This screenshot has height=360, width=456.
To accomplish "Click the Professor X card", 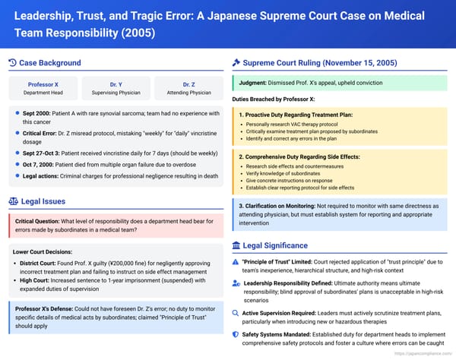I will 43,87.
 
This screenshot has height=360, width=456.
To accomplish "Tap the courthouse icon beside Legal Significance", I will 237,245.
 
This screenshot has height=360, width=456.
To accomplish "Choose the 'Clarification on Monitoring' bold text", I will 287,205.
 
